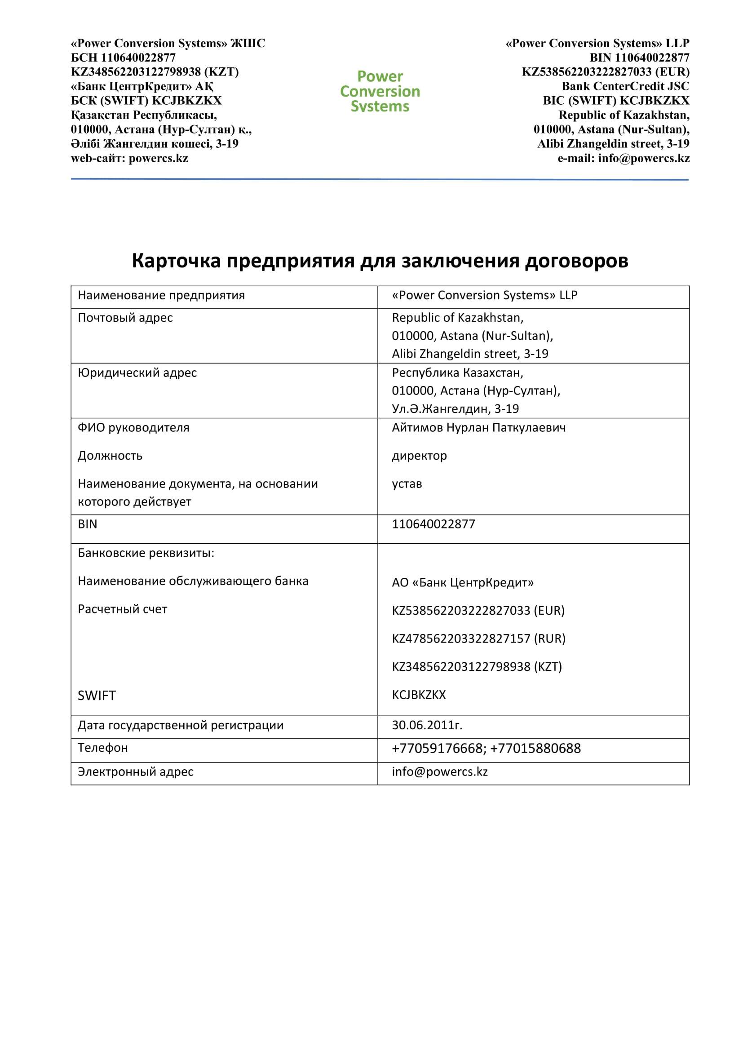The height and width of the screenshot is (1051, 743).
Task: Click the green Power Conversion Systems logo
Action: [x=380, y=91]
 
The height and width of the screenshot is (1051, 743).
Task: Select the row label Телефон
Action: [x=103, y=748]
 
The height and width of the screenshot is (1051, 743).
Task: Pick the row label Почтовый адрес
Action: [x=125, y=318]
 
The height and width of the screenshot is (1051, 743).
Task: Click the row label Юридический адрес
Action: [x=137, y=373]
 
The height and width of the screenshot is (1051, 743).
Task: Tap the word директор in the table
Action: [x=419, y=456]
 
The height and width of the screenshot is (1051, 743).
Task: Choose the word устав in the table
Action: [x=407, y=484]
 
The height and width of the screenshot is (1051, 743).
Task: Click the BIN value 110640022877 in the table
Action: [x=433, y=524]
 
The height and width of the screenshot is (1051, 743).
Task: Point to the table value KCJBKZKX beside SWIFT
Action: [x=419, y=695]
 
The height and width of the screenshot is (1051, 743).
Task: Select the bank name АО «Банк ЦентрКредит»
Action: [x=463, y=583]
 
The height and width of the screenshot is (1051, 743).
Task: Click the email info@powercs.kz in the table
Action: [x=440, y=772]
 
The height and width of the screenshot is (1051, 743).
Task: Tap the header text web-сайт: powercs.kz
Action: [x=129, y=158]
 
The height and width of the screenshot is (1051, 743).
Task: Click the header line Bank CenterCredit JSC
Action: [x=625, y=87]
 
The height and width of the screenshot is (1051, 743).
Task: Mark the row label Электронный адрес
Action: [x=135, y=772]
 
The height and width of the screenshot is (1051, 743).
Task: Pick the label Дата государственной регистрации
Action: [x=181, y=725]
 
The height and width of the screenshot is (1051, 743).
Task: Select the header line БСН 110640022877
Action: [x=123, y=58]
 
